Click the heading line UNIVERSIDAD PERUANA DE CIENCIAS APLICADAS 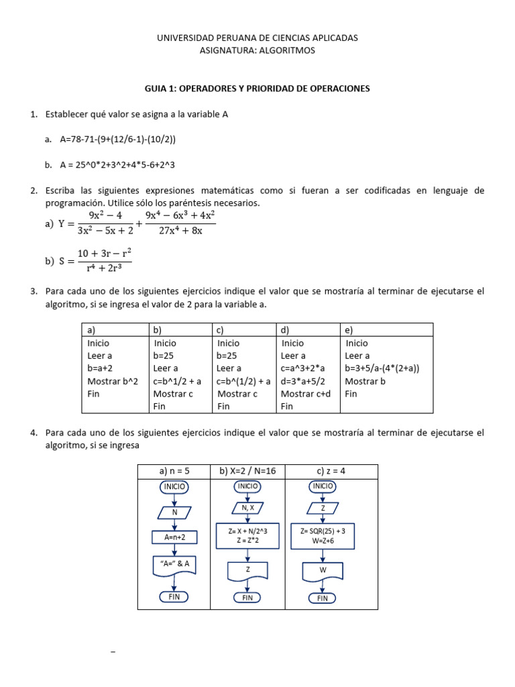[257, 38]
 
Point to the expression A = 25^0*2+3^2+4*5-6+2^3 [117, 164]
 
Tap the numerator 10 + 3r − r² [104, 253]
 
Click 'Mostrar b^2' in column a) [113, 381]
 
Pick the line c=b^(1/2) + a [243, 381]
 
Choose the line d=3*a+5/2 [306, 381]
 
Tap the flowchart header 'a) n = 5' [174, 471]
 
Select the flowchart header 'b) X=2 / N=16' [247, 471]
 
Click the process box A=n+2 [174, 538]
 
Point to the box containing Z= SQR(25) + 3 [323, 535]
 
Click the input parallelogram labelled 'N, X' [247, 508]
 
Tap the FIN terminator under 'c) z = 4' [323, 598]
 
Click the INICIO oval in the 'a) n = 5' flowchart [174, 486]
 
